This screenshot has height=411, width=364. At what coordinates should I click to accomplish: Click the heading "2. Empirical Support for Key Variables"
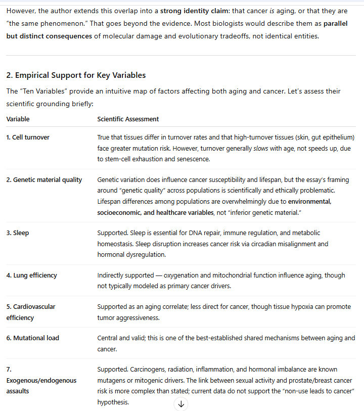pyautogui.click(x=76, y=75)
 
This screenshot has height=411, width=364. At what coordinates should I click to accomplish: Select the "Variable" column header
pyautogui.click(x=18, y=119)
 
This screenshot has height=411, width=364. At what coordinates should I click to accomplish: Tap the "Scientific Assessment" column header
pyautogui.click(x=128, y=119)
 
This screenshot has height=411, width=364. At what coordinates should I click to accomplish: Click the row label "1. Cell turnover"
pyautogui.click(x=28, y=138)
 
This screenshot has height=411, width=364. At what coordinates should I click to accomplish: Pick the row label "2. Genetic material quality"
pyautogui.click(x=44, y=180)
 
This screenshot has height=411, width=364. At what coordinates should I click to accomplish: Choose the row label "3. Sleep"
pyautogui.click(x=17, y=233)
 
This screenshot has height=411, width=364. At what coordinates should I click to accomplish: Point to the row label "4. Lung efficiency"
pyautogui.click(x=31, y=276)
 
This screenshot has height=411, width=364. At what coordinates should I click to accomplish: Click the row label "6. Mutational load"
pyautogui.click(x=32, y=338)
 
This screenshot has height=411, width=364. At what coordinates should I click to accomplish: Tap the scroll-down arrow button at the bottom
pyautogui.click(x=181, y=403)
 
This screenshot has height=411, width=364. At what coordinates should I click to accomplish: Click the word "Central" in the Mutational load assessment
pyautogui.click(x=108, y=338)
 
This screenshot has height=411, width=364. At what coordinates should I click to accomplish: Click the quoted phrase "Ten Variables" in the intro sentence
pyautogui.click(x=43, y=92)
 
